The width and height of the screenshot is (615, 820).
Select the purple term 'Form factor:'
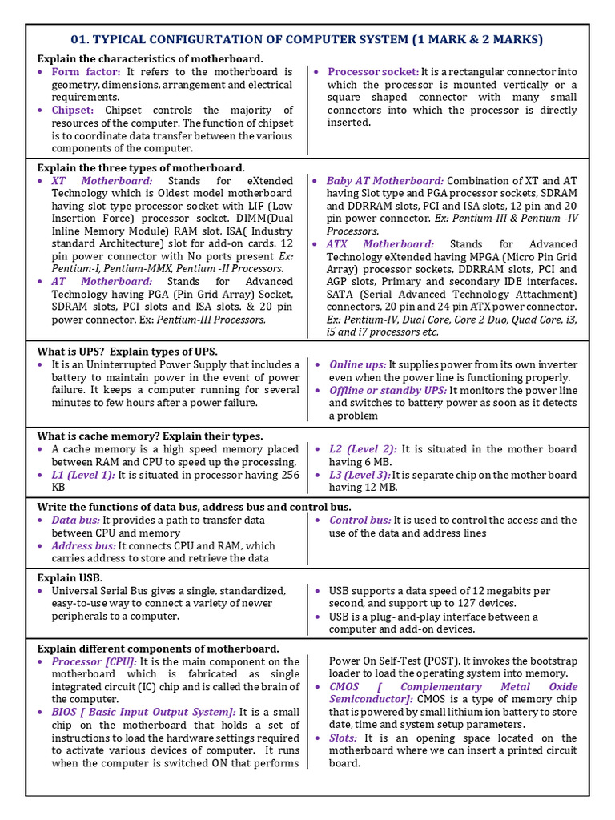pyautogui.click(x=86, y=72)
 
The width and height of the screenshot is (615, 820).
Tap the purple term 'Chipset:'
pyautogui.click(x=73, y=110)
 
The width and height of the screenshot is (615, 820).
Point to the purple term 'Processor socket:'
pyautogui.click(x=373, y=72)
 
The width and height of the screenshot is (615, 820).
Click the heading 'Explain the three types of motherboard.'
pyautogui.click(x=141, y=167)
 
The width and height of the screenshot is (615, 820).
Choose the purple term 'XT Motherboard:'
pyautogui.click(x=102, y=181)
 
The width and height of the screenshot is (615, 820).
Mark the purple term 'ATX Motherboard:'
pyautogui.click(x=380, y=243)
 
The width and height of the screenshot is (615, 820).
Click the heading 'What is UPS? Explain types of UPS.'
pyautogui.click(x=127, y=352)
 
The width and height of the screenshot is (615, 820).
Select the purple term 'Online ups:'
pyautogui.click(x=357, y=364)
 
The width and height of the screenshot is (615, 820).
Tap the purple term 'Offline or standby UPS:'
pyautogui.click(x=388, y=390)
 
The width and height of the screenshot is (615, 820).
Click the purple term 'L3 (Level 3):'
pyautogui.click(x=359, y=475)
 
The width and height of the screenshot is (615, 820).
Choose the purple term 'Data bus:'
pyautogui.click(x=75, y=520)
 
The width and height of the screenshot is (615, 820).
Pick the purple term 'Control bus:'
pyautogui.click(x=360, y=520)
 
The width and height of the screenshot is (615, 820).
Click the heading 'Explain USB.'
pyautogui.click(x=70, y=577)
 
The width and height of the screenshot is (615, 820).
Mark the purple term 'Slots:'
pyautogui.click(x=344, y=738)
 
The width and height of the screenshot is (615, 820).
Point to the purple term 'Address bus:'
pyautogui.click(x=84, y=545)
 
